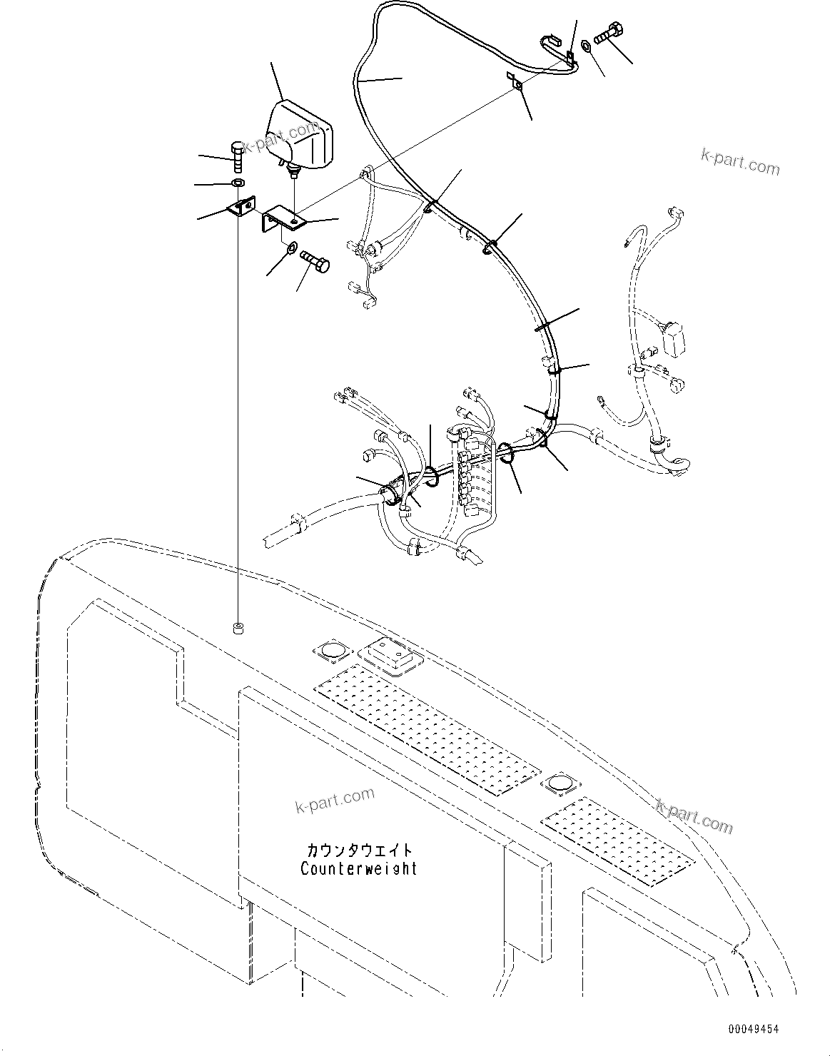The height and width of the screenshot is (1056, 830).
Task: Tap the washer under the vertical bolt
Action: point(237,185)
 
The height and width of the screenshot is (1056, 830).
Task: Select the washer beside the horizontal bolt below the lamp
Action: point(291,248)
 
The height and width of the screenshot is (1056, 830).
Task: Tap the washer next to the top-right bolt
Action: point(585,46)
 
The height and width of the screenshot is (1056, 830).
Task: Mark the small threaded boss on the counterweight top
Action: point(238,629)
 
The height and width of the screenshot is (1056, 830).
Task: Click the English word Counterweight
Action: point(358,868)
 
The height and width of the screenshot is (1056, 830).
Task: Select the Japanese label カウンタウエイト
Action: point(358,851)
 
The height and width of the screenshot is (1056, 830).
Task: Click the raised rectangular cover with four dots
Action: point(390,655)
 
